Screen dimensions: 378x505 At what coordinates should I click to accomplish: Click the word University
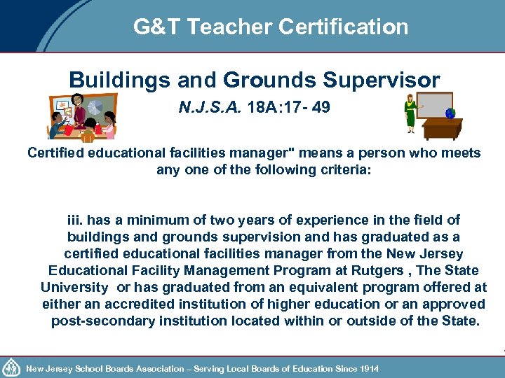click(x=74, y=288)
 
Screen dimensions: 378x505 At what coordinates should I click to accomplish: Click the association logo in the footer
click(x=12, y=367)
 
